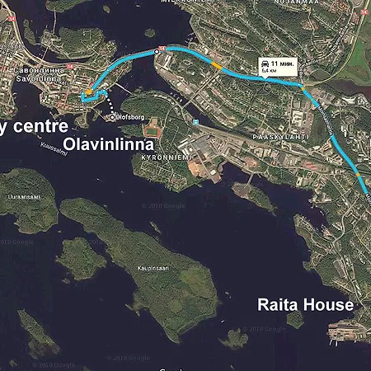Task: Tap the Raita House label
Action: tap(306, 304)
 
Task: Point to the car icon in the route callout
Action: tap(263, 63)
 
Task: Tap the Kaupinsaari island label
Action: tap(153, 269)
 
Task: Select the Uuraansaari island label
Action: tap(22, 198)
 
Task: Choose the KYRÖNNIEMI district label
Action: tap(162, 155)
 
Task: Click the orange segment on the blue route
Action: tap(215, 65)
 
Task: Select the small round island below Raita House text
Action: tap(294, 319)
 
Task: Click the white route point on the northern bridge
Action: tap(157, 52)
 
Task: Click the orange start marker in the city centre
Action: tap(88, 92)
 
